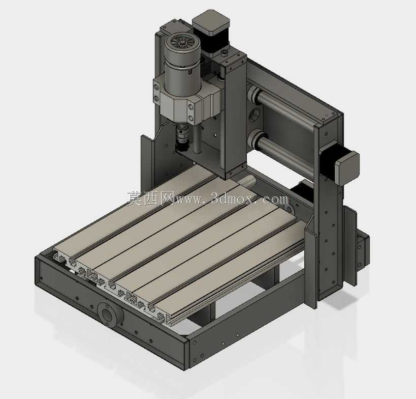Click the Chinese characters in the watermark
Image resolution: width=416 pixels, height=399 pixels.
[x=150, y=198]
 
